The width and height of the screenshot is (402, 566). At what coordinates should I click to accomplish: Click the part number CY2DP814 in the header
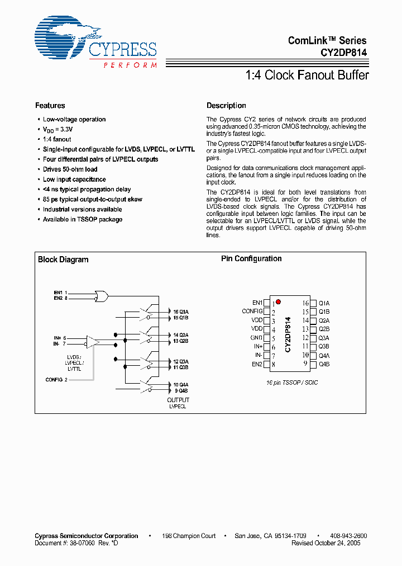coord(343,53)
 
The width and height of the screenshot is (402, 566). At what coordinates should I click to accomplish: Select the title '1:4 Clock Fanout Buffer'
coord(307,75)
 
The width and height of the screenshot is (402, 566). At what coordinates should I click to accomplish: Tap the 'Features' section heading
coord(50,106)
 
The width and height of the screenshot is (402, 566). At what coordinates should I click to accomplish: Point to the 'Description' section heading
coord(226,106)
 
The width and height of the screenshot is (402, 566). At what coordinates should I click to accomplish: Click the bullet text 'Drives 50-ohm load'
coord(70,169)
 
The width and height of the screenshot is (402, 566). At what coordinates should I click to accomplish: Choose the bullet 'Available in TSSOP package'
coord(83,220)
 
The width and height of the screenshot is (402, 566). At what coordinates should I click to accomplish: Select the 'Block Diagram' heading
coord(63,260)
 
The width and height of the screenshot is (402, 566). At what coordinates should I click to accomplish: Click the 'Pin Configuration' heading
coord(251,259)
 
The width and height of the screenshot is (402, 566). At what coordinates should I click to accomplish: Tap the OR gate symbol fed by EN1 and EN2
coord(102,295)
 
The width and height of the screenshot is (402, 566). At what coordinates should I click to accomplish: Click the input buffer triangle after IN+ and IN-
coord(92,341)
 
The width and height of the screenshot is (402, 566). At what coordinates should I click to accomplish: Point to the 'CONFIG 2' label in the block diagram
coord(56,380)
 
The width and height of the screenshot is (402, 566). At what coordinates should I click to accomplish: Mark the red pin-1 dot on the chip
coord(278,301)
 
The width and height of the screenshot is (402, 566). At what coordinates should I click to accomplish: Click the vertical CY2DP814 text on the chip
coord(288,334)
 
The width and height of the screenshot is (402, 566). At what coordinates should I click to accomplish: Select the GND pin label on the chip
coord(256,338)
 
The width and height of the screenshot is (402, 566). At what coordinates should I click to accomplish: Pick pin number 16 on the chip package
coord(305,303)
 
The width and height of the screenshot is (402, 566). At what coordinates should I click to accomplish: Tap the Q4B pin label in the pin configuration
coord(324,364)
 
